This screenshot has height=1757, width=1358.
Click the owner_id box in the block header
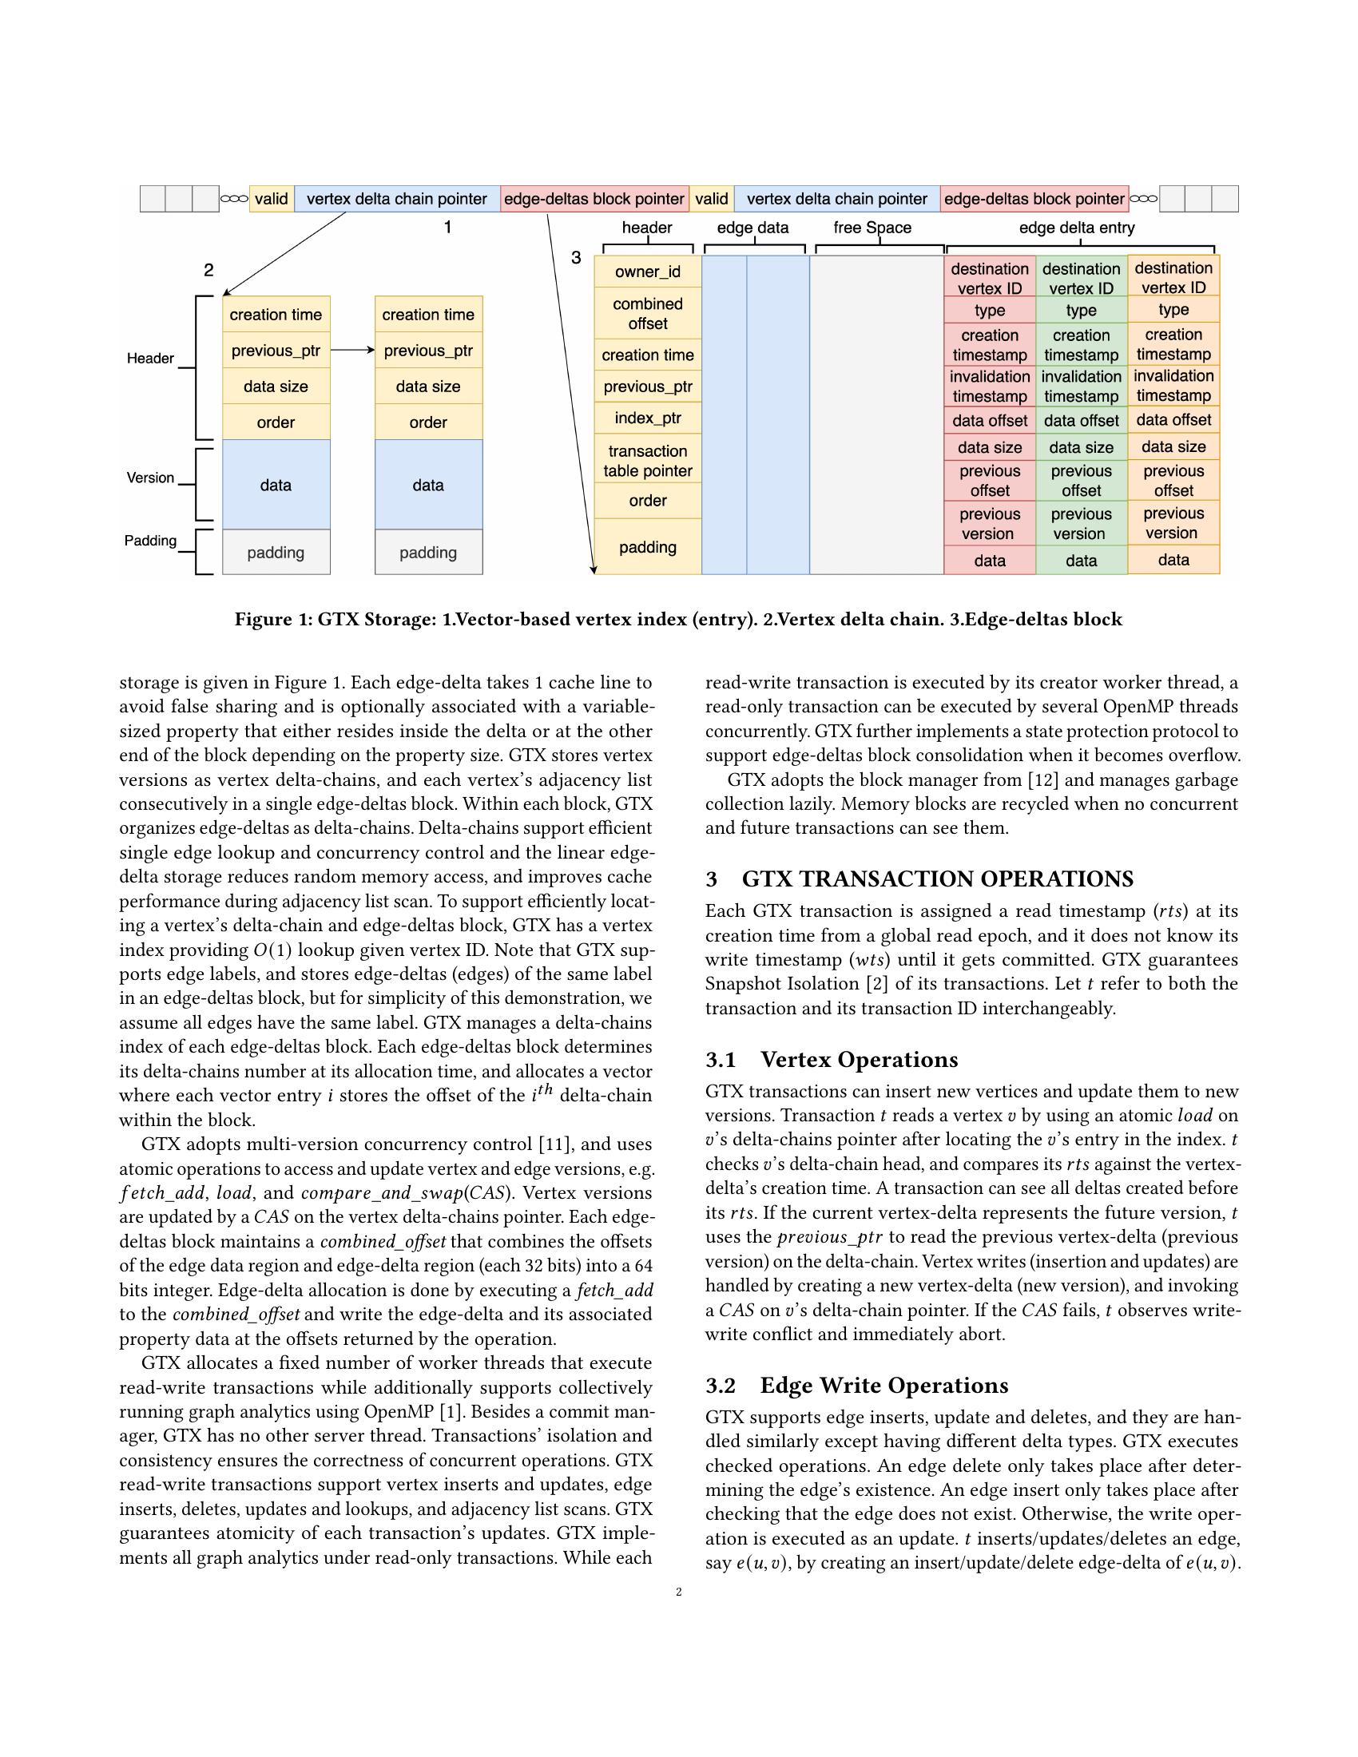(647, 271)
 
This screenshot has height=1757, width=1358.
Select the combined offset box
(647, 314)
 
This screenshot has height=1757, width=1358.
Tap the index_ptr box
(647, 418)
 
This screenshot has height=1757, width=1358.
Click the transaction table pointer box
(647, 461)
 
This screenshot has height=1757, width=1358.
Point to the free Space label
(872, 228)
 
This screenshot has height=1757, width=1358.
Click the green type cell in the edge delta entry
(1081, 311)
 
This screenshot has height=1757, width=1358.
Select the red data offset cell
(989, 421)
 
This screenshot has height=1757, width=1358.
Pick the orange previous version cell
(1172, 523)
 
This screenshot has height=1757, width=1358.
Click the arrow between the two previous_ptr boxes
(352, 350)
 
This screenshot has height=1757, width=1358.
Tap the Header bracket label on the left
(150, 358)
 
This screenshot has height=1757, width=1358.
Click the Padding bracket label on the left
(150, 541)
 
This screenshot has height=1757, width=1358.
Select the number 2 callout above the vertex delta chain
(208, 270)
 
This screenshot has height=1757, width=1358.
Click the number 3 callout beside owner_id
(576, 258)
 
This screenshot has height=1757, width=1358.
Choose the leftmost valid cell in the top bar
(271, 199)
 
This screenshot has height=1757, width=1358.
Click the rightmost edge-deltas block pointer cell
(1034, 199)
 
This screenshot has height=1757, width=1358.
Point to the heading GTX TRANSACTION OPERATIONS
(937, 878)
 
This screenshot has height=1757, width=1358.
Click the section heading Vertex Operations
(859, 1060)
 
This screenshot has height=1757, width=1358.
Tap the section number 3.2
(721, 1386)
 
